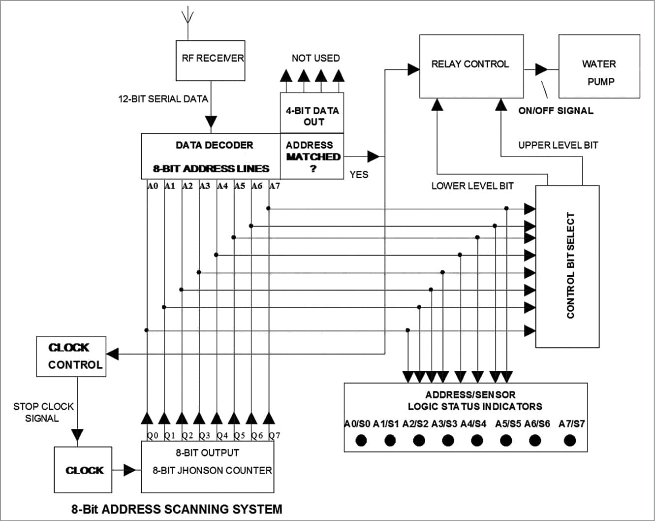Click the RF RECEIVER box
tap(211, 60)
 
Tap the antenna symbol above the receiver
tap(187, 18)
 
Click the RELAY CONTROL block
tap(471, 66)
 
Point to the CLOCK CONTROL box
tap(71, 357)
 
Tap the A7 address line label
tap(275, 186)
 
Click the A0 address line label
tap(153, 186)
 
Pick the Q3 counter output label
tap(204, 435)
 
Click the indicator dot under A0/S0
tap(361, 440)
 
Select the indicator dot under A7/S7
tap(569, 440)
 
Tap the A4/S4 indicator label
tap(473, 423)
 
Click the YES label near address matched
tap(359, 174)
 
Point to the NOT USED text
tap(315, 58)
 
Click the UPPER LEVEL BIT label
tap(558, 145)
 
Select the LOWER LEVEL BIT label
tap(472, 186)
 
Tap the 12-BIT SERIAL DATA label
tap(163, 99)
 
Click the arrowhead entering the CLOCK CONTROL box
tap(112, 354)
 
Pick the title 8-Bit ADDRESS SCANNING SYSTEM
tap(177, 509)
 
